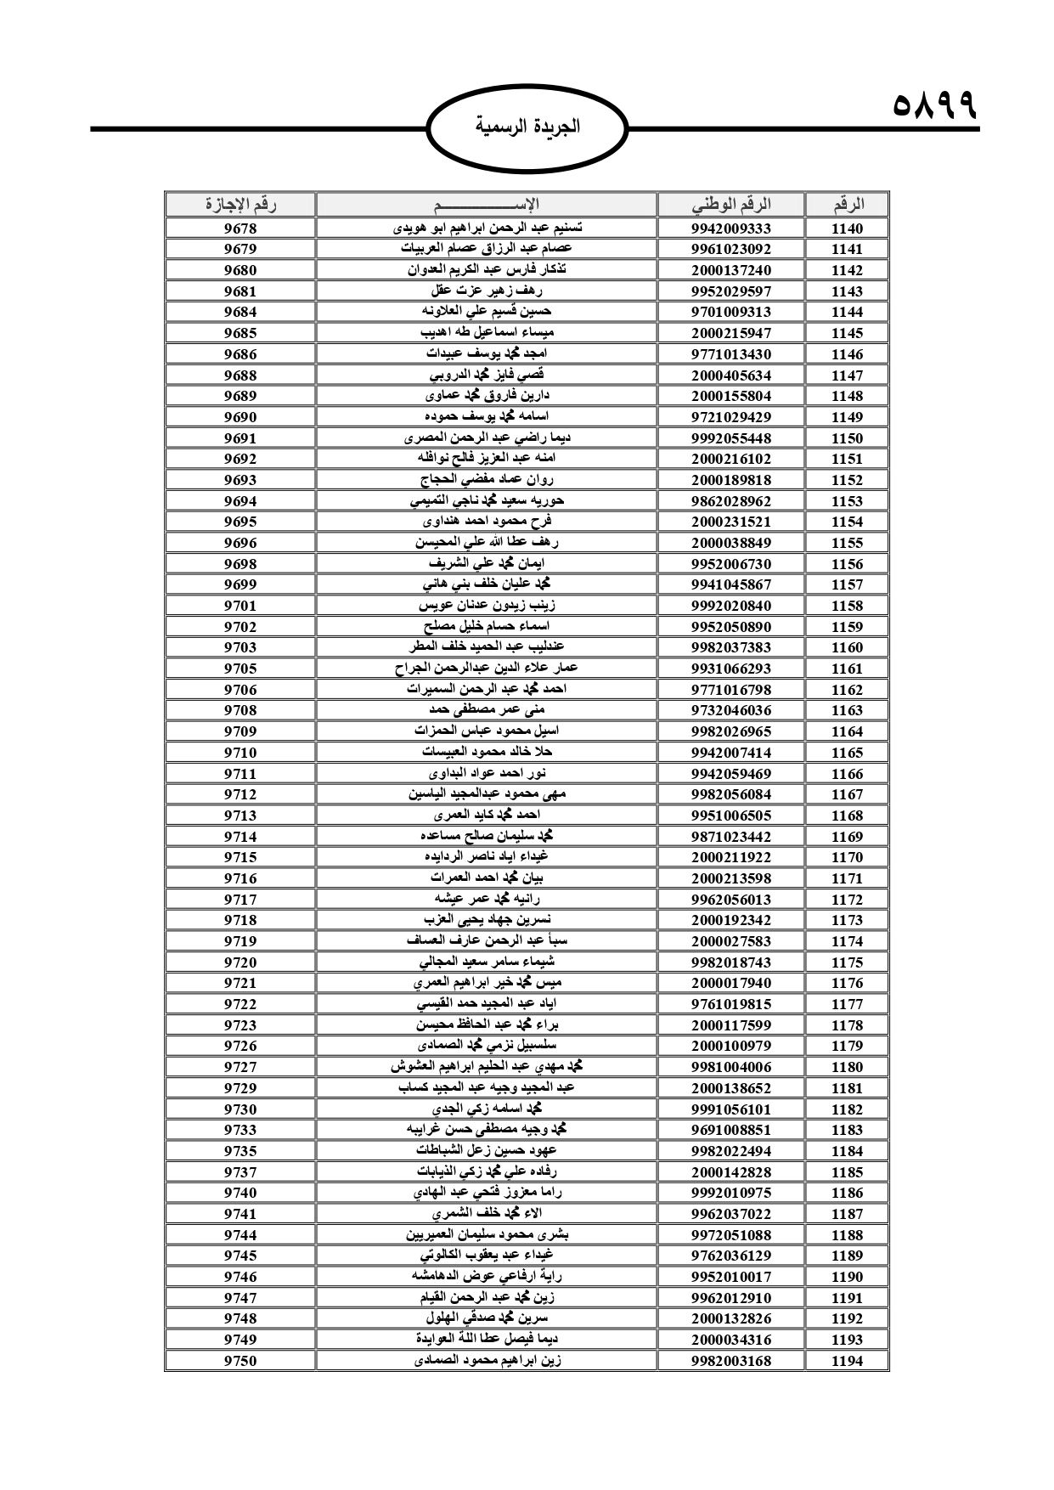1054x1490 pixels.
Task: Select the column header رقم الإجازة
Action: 240,205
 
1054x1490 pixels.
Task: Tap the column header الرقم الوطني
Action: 730,205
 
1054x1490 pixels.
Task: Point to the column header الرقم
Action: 847,205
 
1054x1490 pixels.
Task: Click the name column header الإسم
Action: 486,205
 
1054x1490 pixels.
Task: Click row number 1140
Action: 847,229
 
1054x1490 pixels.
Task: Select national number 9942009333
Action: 730,229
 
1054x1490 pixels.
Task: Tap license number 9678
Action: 240,229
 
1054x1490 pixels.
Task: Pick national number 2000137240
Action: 730,270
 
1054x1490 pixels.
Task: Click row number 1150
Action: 847,438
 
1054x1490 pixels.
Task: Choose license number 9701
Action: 240,606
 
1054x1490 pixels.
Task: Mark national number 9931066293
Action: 730,669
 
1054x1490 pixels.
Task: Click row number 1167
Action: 847,794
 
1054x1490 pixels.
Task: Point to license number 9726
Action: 240,1046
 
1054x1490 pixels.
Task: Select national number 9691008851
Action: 730,1130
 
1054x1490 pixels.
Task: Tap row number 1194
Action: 847,1361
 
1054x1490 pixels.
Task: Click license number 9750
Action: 240,1361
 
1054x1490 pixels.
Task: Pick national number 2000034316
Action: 730,1340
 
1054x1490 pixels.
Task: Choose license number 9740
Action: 240,1193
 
